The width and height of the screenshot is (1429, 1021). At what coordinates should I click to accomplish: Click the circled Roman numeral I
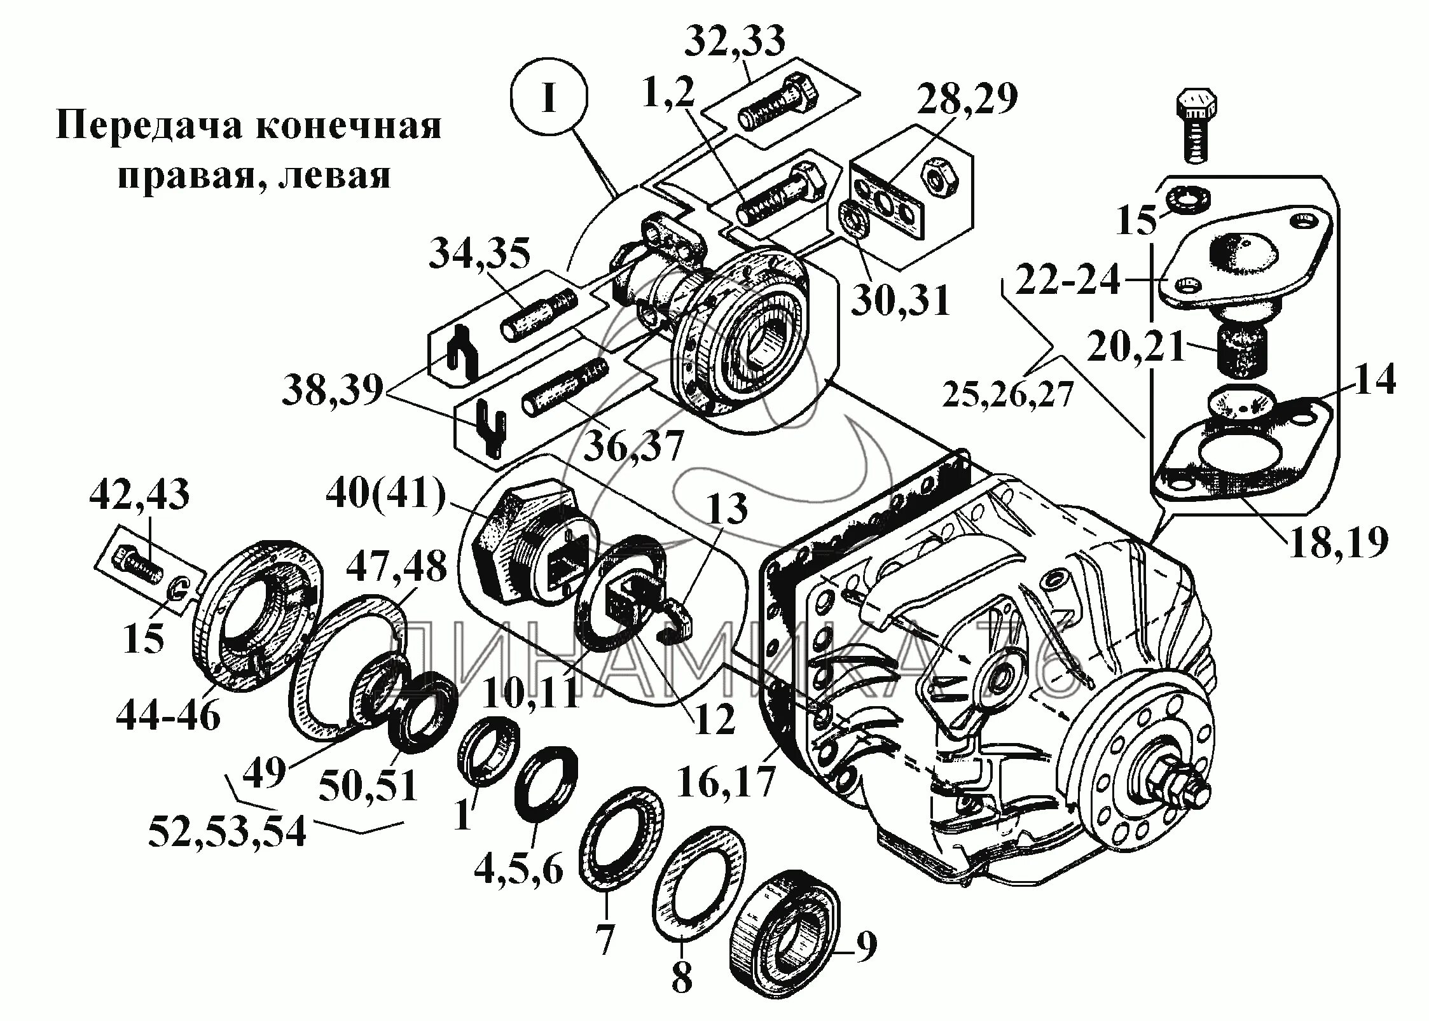tap(549, 99)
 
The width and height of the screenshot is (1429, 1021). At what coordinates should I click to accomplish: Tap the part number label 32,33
tap(735, 43)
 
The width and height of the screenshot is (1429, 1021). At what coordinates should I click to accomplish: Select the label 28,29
tap(967, 99)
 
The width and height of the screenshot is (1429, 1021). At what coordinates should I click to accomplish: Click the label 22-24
tap(1067, 279)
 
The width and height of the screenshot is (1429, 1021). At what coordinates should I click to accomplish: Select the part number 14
tap(1374, 380)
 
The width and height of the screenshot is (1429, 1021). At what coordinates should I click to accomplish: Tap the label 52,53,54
tap(227, 832)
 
